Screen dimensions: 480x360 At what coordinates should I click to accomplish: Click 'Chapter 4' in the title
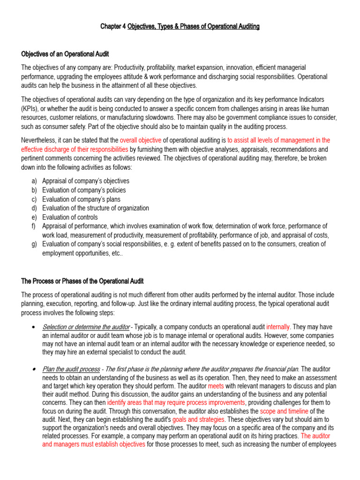(x=113, y=27)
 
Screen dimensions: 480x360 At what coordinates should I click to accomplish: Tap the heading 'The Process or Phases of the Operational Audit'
(x=82, y=281)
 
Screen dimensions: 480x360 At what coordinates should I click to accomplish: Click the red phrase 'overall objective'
(x=141, y=140)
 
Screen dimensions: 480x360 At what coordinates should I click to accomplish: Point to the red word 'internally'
(x=278, y=327)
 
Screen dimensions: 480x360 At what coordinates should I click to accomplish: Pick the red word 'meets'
(x=216, y=386)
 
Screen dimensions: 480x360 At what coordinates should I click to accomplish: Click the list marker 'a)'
(x=34, y=181)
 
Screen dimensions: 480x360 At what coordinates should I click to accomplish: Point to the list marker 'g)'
(x=34, y=244)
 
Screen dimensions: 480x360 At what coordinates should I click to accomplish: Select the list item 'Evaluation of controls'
(x=70, y=217)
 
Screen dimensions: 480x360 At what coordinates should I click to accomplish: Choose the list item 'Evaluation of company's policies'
(x=84, y=190)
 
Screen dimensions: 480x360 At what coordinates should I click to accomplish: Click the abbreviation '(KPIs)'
(x=31, y=108)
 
